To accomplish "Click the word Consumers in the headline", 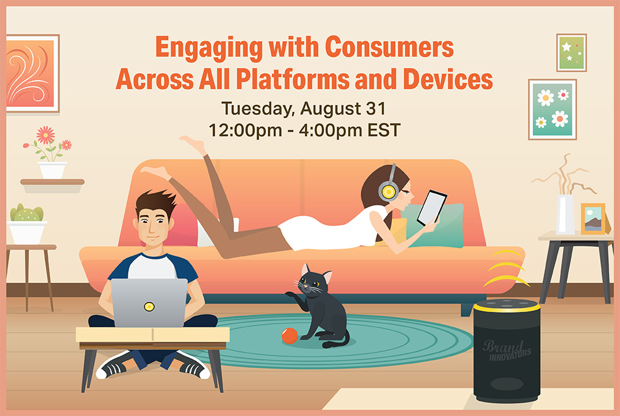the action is point(389,47).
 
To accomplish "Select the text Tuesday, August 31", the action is point(303,109).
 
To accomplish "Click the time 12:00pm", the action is point(245,130).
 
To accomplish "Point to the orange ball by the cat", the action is point(290,336).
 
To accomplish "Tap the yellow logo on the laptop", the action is point(149,306).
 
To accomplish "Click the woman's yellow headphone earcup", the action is point(388,192).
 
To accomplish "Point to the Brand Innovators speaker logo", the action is point(507,351).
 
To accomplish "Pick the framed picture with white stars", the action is point(572,53).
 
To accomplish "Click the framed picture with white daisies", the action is point(552,110).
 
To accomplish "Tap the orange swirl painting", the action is point(32,74).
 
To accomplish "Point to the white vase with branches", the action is point(565,214).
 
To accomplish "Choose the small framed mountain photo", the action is point(593,219).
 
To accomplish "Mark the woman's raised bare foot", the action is point(193,145).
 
